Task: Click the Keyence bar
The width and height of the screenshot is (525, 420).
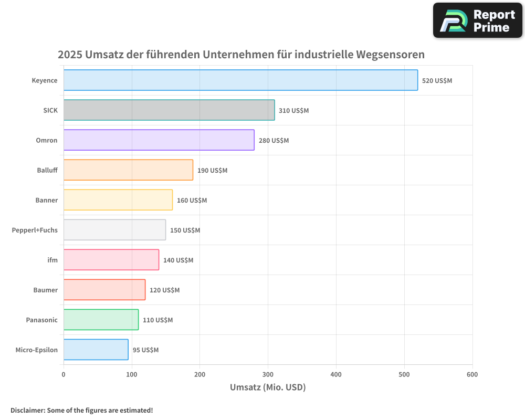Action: point(240,80)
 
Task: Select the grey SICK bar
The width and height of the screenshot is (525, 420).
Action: point(169,110)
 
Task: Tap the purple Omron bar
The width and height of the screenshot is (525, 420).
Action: point(159,140)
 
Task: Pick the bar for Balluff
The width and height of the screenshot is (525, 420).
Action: point(128,170)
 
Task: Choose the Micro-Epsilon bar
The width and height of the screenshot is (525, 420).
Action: point(96,350)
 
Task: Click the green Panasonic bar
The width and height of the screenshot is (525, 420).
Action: point(101,320)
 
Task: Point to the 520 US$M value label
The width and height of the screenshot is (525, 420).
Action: point(437,81)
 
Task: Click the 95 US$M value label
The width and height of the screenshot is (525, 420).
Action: point(145,350)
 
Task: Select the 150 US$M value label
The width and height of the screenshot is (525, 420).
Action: point(185,230)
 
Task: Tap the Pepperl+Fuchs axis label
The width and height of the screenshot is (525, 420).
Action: point(35,230)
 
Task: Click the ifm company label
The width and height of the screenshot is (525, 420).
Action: point(52,260)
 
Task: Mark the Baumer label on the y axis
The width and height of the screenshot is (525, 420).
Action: point(45,290)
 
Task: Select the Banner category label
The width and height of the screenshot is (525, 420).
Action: point(46,200)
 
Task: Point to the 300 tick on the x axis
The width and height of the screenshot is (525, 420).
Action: point(268,374)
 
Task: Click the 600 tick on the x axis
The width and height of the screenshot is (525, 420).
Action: point(472,374)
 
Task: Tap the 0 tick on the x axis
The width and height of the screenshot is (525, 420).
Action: point(64,374)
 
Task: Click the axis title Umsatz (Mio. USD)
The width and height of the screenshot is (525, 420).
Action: point(268,387)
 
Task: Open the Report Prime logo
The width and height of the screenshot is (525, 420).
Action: point(477,20)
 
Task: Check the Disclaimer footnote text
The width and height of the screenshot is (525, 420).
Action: point(81,410)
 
